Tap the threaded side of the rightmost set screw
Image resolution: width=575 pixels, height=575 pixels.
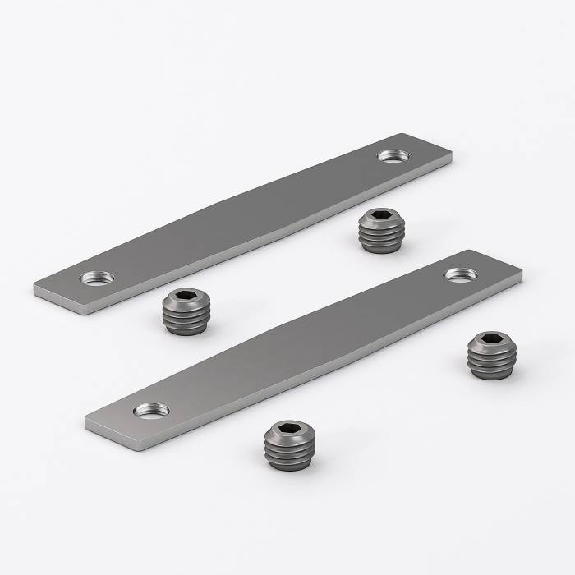click(x=491, y=361)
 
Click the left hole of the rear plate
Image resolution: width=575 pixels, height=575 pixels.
click(x=97, y=278)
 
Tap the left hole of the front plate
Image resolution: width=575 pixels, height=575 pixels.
click(x=152, y=408)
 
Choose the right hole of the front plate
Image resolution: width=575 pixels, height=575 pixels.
click(x=462, y=274)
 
